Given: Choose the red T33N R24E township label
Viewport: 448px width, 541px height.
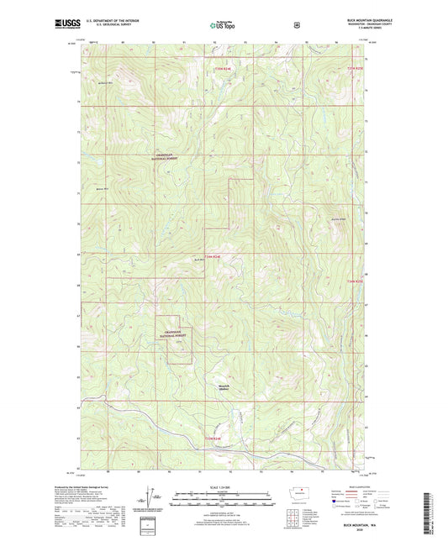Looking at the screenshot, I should [216, 437].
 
